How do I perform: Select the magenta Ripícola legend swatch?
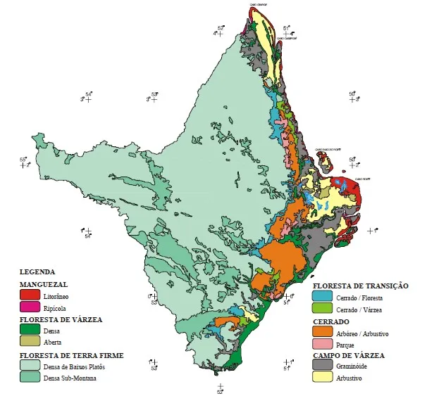click(x=29, y=307)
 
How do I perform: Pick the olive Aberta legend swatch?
click(x=29, y=341)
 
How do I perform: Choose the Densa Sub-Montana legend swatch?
click(x=29, y=378)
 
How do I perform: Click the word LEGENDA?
click(x=37, y=272)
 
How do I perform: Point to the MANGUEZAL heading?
click(x=43, y=283)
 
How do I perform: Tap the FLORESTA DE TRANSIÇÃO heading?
click(x=361, y=286)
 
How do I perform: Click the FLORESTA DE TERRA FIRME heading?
click(x=71, y=355)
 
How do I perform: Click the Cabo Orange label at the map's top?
click(x=259, y=4)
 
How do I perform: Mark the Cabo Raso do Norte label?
click(x=328, y=148)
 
